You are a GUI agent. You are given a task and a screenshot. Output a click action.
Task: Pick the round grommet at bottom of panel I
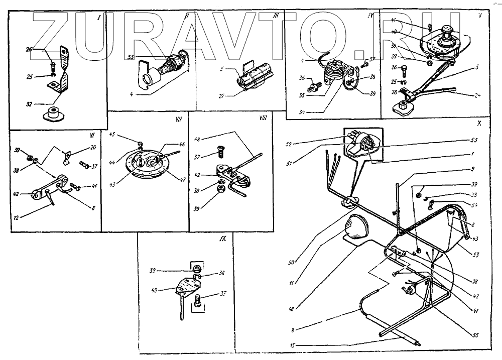pos(54,113)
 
